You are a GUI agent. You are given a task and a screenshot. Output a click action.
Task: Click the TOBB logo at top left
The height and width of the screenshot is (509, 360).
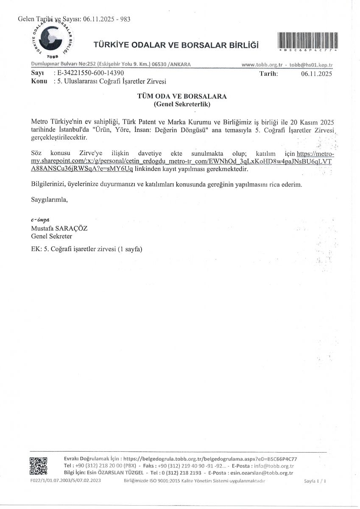pyautogui.click(x=50, y=39)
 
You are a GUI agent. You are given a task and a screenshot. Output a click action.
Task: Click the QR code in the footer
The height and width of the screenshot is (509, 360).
pyautogui.click(x=38, y=465)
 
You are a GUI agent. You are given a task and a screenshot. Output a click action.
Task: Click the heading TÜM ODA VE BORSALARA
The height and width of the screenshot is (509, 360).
pyautogui.click(x=182, y=96)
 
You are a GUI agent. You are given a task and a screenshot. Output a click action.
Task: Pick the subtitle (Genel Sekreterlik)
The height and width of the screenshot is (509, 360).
pyautogui.click(x=182, y=103)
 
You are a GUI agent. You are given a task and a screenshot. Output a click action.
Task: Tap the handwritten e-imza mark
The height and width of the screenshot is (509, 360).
pyautogui.click(x=41, y=220)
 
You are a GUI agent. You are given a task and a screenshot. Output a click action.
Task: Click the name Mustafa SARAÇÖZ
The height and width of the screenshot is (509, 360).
pyautogui.click(x=59, y=228)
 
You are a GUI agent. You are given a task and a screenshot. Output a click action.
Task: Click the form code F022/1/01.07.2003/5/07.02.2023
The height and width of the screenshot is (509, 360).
pyautogui.click(x=66, y=481)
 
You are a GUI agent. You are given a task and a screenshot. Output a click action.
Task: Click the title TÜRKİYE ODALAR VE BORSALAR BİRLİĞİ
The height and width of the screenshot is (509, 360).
pyautogui.click(x=175, y=46)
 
